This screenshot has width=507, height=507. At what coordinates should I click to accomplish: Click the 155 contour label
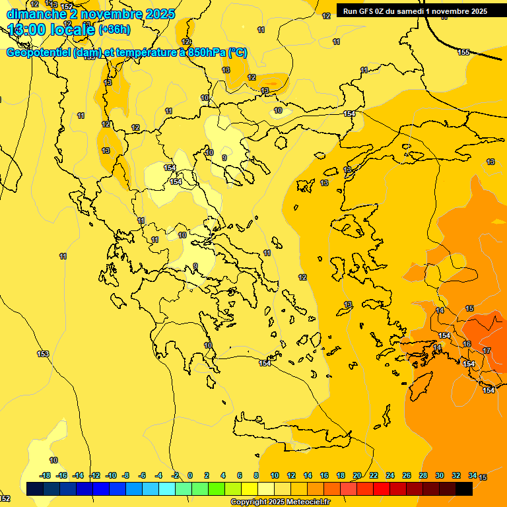coord(463,52)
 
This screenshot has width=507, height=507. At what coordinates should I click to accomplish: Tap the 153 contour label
coord(43,355)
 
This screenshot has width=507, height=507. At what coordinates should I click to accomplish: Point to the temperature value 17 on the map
coord(487,351)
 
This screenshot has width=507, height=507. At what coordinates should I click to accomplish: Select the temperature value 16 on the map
coord(467,344)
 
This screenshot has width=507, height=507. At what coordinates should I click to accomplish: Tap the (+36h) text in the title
coord(114,30)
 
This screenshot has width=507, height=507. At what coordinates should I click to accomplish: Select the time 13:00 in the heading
coord(32,30)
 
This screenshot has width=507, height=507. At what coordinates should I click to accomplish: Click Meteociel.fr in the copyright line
coord(307,502)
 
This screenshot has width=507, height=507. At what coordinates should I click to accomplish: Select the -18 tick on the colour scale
coord(46,475)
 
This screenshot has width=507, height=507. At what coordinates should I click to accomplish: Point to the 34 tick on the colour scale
coord(473,475)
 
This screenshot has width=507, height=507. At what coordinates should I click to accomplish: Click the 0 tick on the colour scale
coord(190,475)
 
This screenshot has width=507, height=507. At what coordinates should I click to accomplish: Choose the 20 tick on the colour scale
coord(357,475)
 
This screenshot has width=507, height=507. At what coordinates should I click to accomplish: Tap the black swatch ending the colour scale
coord(464,489)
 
